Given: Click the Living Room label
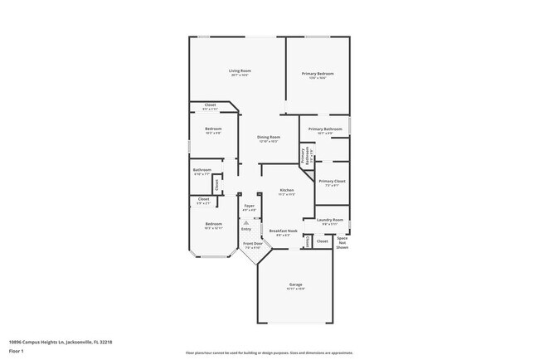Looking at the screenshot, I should point(240,72).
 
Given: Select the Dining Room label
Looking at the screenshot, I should point(268,138).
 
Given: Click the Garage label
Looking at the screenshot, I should point(296,285).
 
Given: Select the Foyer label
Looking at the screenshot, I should point(249,207).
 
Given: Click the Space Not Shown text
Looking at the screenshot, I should point(342,242).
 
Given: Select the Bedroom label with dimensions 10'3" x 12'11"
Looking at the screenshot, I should point(213,225).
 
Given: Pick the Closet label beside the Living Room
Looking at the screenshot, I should point(210,105).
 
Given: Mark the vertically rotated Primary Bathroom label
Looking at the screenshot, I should point(303,156).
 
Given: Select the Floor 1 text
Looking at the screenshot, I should point(17,351).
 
